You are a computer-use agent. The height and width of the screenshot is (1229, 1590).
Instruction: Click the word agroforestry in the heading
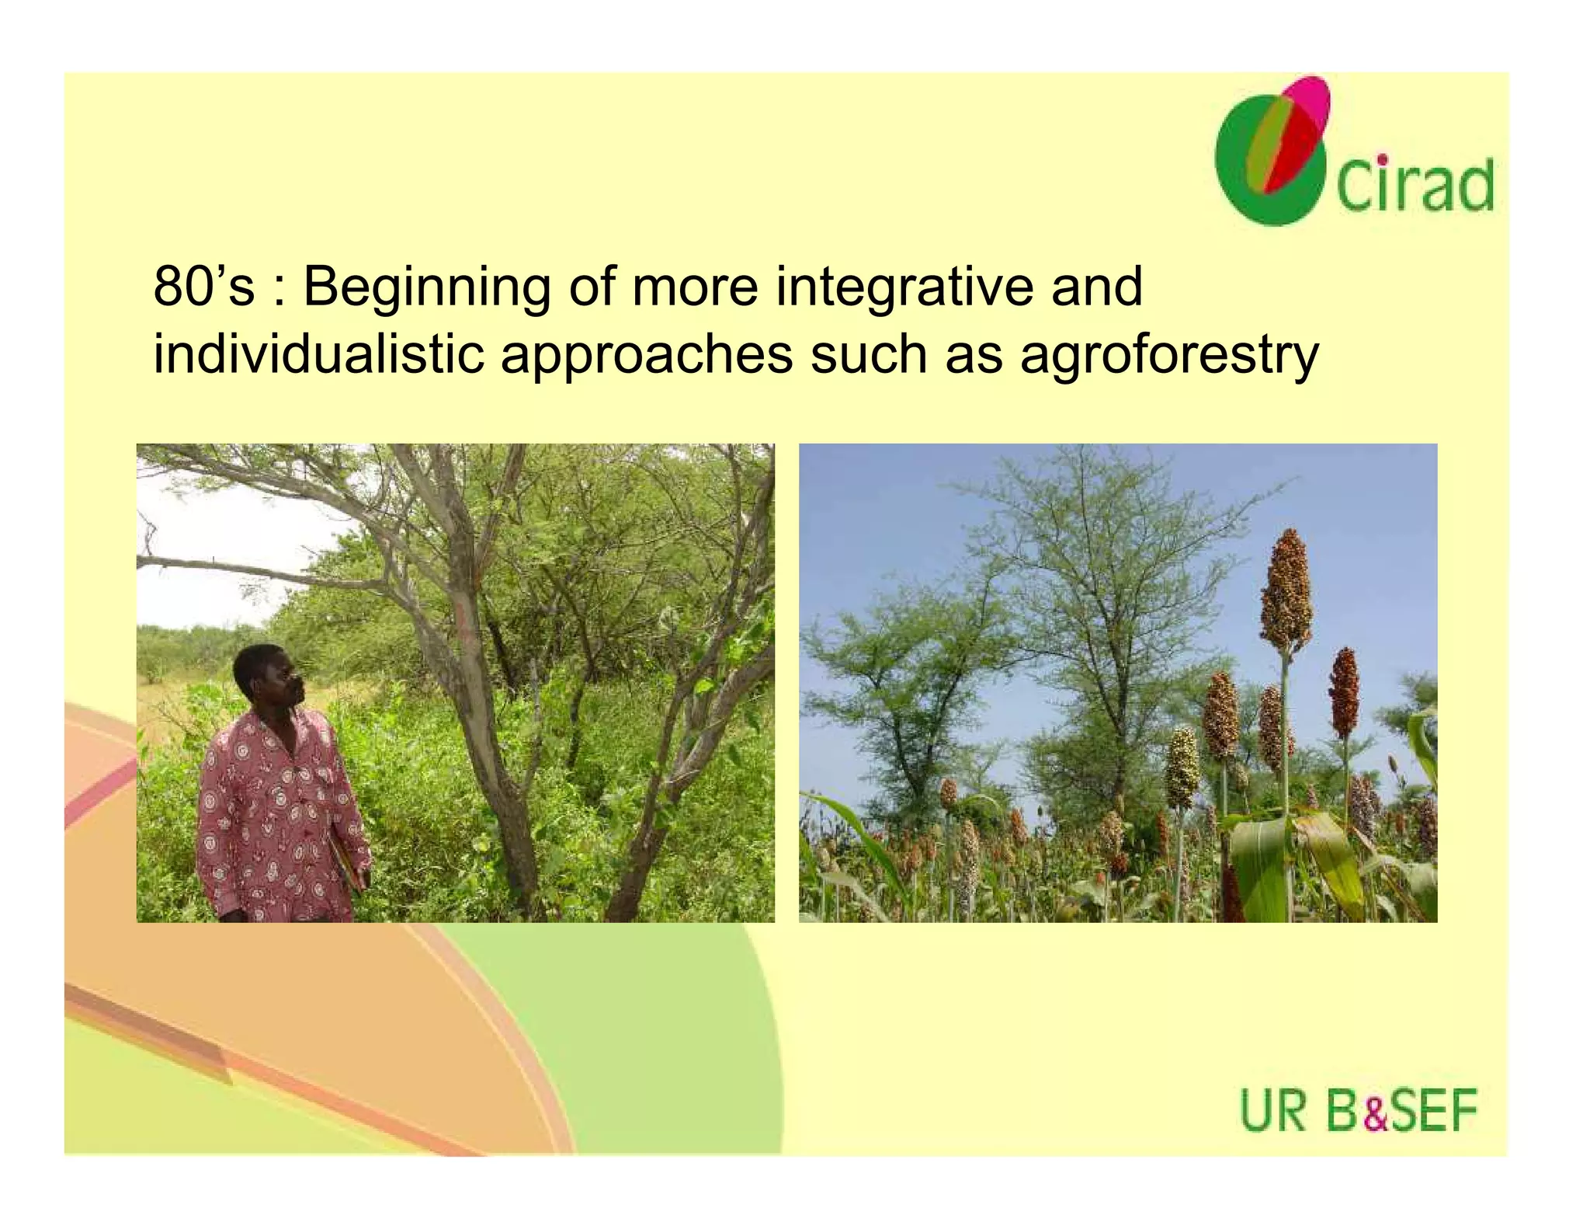coord(1169,356)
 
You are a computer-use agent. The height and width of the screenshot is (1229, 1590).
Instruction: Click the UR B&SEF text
coord(1358,1112)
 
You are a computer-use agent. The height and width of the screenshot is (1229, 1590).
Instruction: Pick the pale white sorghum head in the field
coord(1182,766)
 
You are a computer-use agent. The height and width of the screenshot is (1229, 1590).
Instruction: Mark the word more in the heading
coord(695,287)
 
